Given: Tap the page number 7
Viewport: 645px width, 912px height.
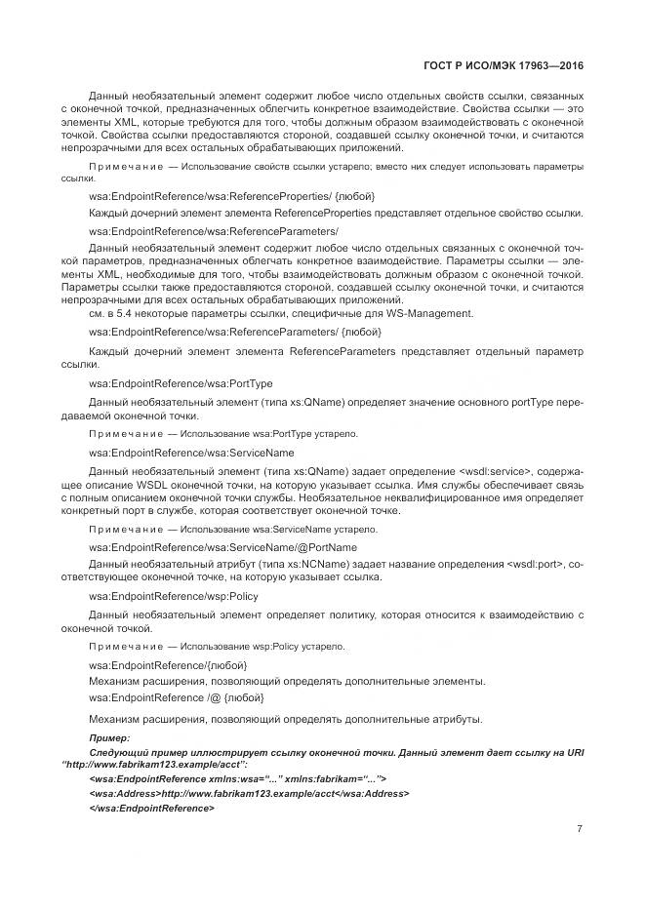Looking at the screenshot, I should pyautogui.click(x=580, y=829).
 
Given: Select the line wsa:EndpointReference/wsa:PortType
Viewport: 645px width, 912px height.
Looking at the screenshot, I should pyautogui.click(x=167, y=383).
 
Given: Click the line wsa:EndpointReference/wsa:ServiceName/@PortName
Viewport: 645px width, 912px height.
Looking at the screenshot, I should pyautogui.click(x=222, y=547).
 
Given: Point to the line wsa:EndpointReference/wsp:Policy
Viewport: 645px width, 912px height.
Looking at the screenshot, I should pyautogui.click(x=160, y=596).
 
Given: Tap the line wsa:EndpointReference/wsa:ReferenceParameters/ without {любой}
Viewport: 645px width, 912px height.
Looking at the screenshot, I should pyautogui.click(x=214, y=230).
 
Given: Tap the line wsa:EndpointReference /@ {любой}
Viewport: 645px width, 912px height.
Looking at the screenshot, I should pyautogui.click(x=176, y=697).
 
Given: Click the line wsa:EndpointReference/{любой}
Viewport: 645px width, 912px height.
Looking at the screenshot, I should pyautogui.click(x=168, y=663).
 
